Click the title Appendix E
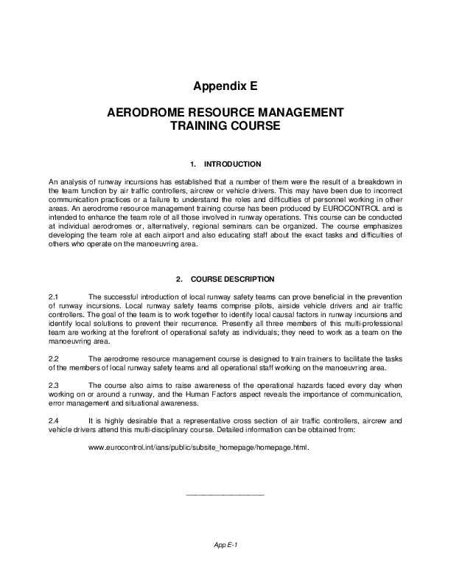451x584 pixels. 225,86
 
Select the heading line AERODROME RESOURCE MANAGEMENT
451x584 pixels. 225,114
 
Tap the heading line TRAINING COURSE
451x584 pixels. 225,127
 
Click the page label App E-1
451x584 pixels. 225,545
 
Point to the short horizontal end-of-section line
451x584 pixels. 225,493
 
